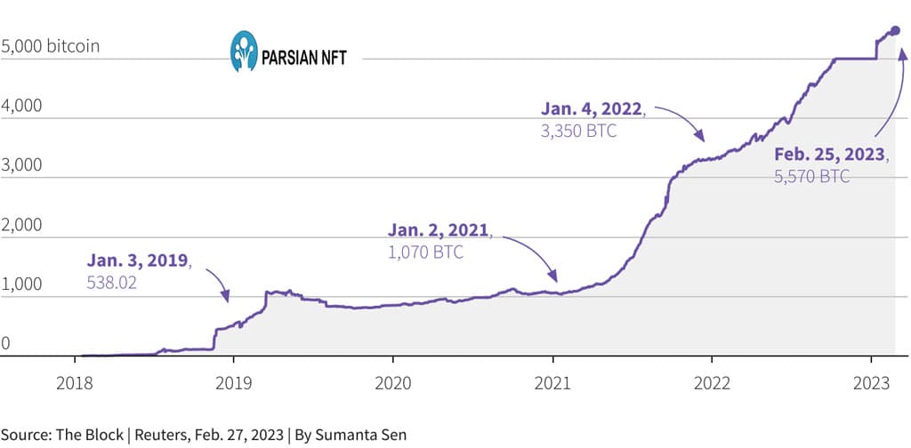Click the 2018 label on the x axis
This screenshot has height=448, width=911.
75,384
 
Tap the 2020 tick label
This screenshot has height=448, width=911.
392,384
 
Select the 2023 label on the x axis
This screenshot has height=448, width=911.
871,384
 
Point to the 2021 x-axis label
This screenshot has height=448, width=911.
552,384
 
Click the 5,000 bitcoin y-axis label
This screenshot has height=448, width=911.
50,46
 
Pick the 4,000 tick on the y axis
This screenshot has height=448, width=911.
21,106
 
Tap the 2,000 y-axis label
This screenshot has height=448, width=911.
21,225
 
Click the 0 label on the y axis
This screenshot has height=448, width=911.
5,343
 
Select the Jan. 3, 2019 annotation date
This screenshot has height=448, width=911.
139,261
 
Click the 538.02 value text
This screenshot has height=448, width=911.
111,283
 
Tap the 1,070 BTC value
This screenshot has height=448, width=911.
425,253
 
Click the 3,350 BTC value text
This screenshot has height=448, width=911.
578,132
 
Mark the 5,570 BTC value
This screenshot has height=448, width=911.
811,176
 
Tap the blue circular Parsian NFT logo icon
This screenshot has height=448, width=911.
244,51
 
